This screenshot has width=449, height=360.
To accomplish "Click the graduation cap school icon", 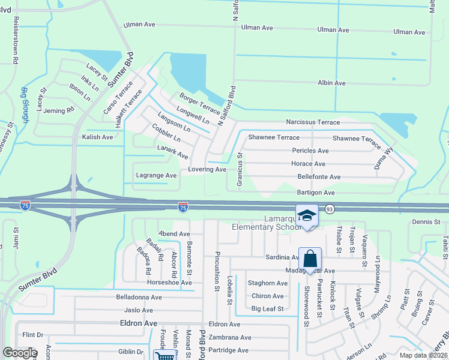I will (x=307, y=215).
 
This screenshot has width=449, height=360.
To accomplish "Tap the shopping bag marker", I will (x=310, y=259).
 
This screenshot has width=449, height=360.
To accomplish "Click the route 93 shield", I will (x=330, y=209).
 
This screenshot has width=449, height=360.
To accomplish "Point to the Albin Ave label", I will (x=331, y=83).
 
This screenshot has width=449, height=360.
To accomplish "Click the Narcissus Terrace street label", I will (x=313, y=122).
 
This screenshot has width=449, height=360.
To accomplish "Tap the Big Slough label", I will (x=25, y=105).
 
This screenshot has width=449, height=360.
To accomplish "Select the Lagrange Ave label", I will (x=157, y=175).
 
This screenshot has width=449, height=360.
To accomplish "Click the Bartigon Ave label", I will (x=316, y=193).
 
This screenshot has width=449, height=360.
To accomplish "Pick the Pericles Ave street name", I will (x=310, y=151).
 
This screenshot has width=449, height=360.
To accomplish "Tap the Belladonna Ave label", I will (x=139, y=297).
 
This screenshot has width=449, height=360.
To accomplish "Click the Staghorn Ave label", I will (x=270, y=283).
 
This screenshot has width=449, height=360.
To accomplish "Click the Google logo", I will (x=19, y=352).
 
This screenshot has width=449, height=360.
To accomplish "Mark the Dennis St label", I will (x=427, y=222).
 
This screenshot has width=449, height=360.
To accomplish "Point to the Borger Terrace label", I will (x=200, y=103).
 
